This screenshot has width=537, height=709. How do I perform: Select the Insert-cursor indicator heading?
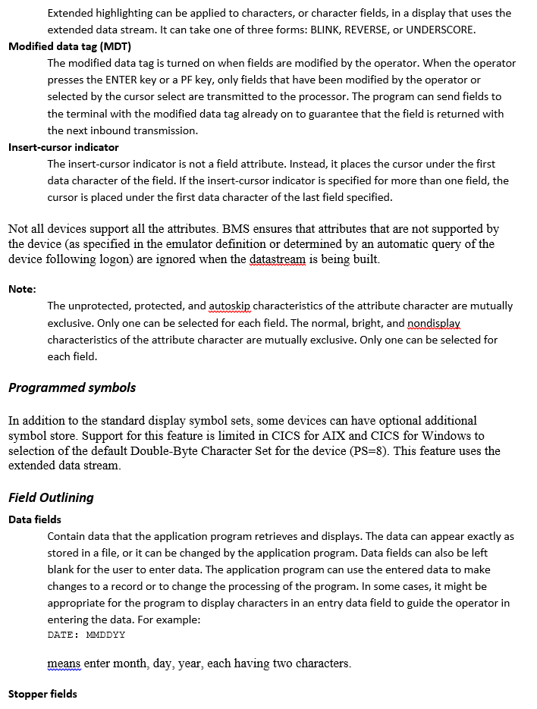pyautogui.click(x=64, y=147)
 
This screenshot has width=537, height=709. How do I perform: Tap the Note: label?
pyautogui.click(x=22, y=289)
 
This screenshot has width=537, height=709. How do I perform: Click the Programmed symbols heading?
pyautogui.click(x=72, y=387)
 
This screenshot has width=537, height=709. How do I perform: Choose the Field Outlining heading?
pyautogui.click(x=51, y=497)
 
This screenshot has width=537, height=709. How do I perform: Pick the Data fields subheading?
pyautogui.click(x=35, y=519)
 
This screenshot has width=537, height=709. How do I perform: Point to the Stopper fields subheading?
pyautogui.click(x=42, y=694)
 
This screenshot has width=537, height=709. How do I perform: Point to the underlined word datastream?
pyautogui.click(x=279, y=259)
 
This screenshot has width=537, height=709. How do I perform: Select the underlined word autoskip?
pyautogui.click(x=229, y=306)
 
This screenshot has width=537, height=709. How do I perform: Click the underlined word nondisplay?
pyautogui.click(x=434, y=323)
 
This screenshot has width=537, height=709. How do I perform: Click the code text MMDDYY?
pyautogui.click(x=106, y=635)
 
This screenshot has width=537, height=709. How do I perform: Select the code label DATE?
pyautogui.click(x=63, y=635)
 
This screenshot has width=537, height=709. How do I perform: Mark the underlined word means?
pyautogui.click(x=64, y=664)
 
